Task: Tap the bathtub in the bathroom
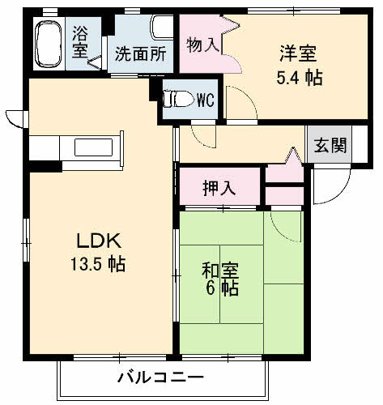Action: (50, 45)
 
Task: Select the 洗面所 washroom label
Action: (140, 55)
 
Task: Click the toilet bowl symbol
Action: (177, 99)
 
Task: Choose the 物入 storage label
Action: (202, 44)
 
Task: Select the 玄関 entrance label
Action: (330, 146)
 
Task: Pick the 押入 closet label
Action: (219, 188)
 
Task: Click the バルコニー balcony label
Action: (160, 377)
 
